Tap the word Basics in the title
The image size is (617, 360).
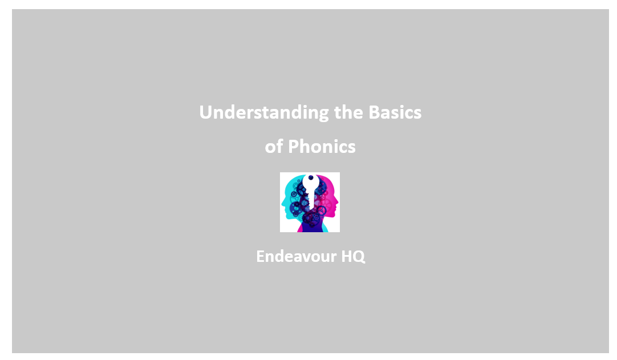[x=395, y=112]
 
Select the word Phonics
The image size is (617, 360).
[x=322, y=147]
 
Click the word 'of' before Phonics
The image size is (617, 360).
[x=274, y=147]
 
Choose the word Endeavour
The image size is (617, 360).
[x=296, y=256]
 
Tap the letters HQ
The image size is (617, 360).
[x=353, y=256]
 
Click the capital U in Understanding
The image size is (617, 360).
[x=205, y=112]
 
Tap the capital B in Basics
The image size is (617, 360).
[x=374, y=112]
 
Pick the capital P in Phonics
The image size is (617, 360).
[x=293, y=147]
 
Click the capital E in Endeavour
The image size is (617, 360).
[x=260, y=256]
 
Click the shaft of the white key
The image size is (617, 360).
[x=311, y=200]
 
